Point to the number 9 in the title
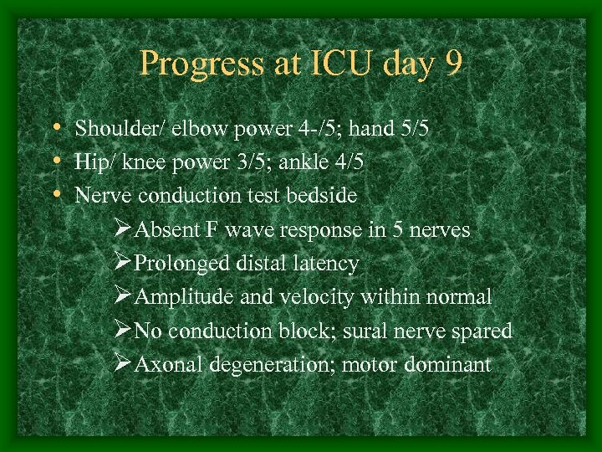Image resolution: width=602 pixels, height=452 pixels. coord(452,64)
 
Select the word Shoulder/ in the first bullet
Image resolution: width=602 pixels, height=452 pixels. coord(112,130)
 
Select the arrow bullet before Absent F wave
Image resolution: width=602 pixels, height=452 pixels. coord(122,230)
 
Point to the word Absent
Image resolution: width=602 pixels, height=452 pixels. coord(163,230)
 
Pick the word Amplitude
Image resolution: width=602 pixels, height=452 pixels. coord(178,297)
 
